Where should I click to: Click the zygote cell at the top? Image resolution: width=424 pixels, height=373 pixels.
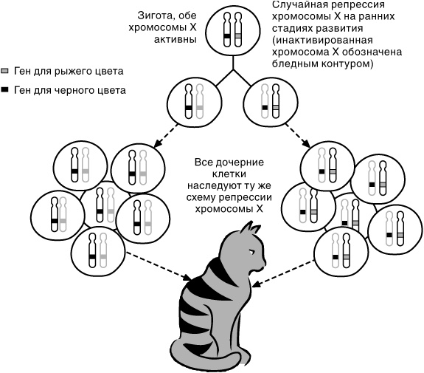(232, 34)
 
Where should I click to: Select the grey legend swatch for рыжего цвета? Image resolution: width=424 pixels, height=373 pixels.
(7, 72)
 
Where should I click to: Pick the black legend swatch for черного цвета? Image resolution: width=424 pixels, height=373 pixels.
(7, 89)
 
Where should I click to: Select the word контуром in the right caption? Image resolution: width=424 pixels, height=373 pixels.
(352, 64)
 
